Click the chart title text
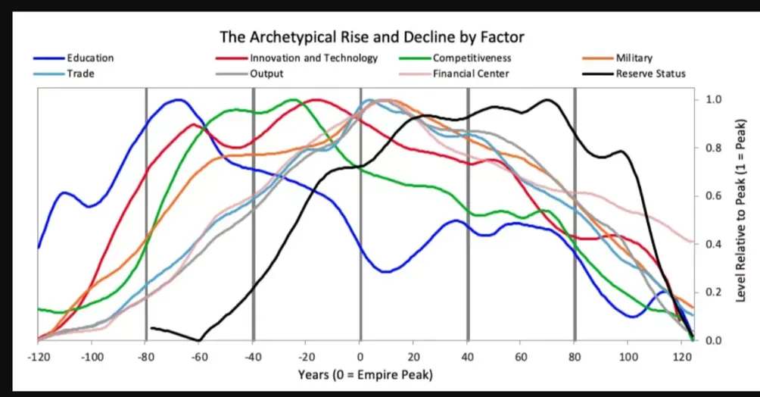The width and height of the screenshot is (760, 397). pyautogui.click(x=372, y=36)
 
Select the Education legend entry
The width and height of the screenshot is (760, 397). pyautogui.click(x=90, y=58)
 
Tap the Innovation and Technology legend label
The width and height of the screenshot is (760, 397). pyautogui.click(x=313, y=58)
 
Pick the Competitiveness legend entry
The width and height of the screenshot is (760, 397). pyautogui.click(x=472, y=58)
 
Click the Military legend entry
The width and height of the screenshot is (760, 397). pyautogui.click(x=634, y=58)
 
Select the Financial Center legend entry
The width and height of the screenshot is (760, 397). pyautogui.click(x=471, y=73)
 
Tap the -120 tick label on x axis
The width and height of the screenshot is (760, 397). pyautogui.click(x=37, y=356)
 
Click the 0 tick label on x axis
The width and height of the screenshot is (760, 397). pyautogui.click(x=360, y=356)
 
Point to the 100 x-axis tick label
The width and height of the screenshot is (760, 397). pyautogui.click(x=628, y=356)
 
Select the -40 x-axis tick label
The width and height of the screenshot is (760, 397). pyautogui.click(x=252, y=356)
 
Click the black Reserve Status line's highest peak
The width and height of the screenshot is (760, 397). pyautogui.click(x=547, y=100)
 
